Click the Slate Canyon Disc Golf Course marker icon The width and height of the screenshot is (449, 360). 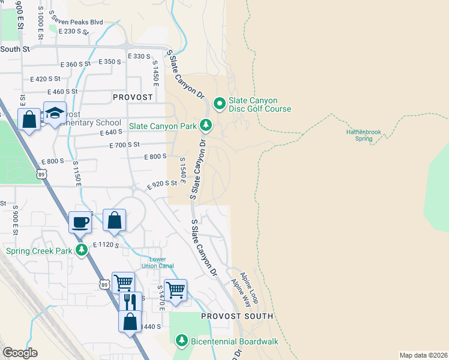(220, 104)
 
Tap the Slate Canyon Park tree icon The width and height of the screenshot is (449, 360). (206, 125)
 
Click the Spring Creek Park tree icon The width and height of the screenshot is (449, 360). (82, 251)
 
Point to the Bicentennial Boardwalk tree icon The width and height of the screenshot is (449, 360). (182, 341)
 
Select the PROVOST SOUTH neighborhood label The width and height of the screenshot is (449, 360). (237, 316)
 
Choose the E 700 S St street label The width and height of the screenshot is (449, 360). (124, 145)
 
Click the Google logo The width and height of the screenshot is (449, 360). (20, 352)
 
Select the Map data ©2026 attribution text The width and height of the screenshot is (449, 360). (423, 355)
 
